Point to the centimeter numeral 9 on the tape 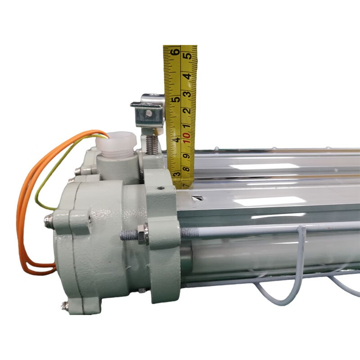pos(187,156)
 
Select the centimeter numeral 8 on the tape pos(187,170)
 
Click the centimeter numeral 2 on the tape pos(188,111)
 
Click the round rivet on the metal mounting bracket pos(149,112)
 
